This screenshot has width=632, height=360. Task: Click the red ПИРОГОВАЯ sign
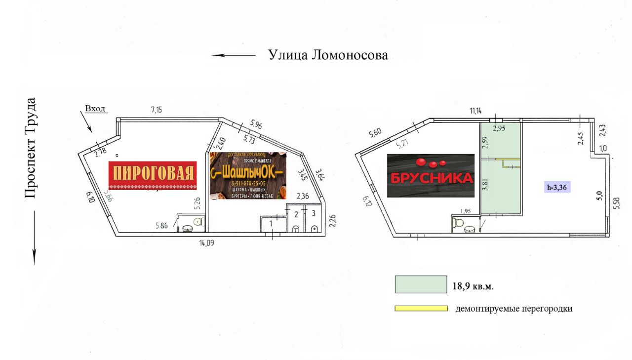[153, 175]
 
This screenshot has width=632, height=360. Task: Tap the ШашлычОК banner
[248, 176]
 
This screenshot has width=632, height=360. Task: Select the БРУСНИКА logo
[431, 176]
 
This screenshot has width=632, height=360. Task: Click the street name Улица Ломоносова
[328, 55]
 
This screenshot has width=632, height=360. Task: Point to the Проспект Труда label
[30, 148]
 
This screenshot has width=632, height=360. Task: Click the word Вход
[95, 109]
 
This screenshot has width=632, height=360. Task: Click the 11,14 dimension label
[475, 111]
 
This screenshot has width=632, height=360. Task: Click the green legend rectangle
[421, 285]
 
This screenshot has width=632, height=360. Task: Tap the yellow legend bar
[421, 309]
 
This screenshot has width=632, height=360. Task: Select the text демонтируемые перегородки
[513, 309]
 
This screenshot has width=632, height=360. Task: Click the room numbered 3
[313, 213]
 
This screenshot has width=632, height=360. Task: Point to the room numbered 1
[271, 224]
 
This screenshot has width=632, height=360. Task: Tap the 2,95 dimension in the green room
[500, 128]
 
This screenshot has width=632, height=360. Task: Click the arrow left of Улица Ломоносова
[234, 55]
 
